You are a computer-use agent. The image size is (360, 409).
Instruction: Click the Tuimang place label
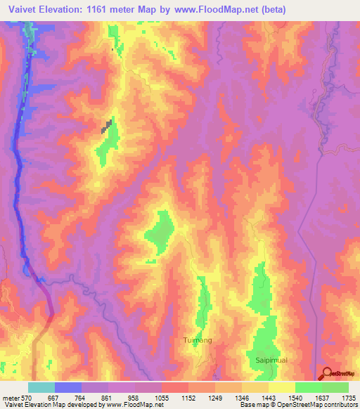pyautogui.click(x=196, y=341)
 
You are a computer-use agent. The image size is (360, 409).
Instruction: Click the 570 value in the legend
pyautogui.click(x=27, y=398)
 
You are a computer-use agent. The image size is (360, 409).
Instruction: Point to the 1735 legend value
pyautogui.click(x=348, y=398)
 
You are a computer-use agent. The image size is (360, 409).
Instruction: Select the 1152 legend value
pyautogui.click(x=188, y=398)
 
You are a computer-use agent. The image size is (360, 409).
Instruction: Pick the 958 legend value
pyautogui.click(x=134, y=398)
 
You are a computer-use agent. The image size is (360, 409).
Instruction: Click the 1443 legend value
pyautogui.click(x=268, y=398)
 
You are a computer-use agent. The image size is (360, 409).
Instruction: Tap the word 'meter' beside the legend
pyautogui.click(x=10, y=398)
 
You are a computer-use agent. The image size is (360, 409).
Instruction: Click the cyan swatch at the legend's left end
pyautogui.click(x=41, y=387)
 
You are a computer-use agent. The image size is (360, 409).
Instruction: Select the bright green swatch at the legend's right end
pyautogui.click(x=335, y=387)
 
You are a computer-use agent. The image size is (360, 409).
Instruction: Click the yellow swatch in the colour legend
pyautogui.click(x=281, y=387)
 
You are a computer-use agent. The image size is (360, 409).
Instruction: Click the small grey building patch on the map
pyautogui.click(x=107, y=127)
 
